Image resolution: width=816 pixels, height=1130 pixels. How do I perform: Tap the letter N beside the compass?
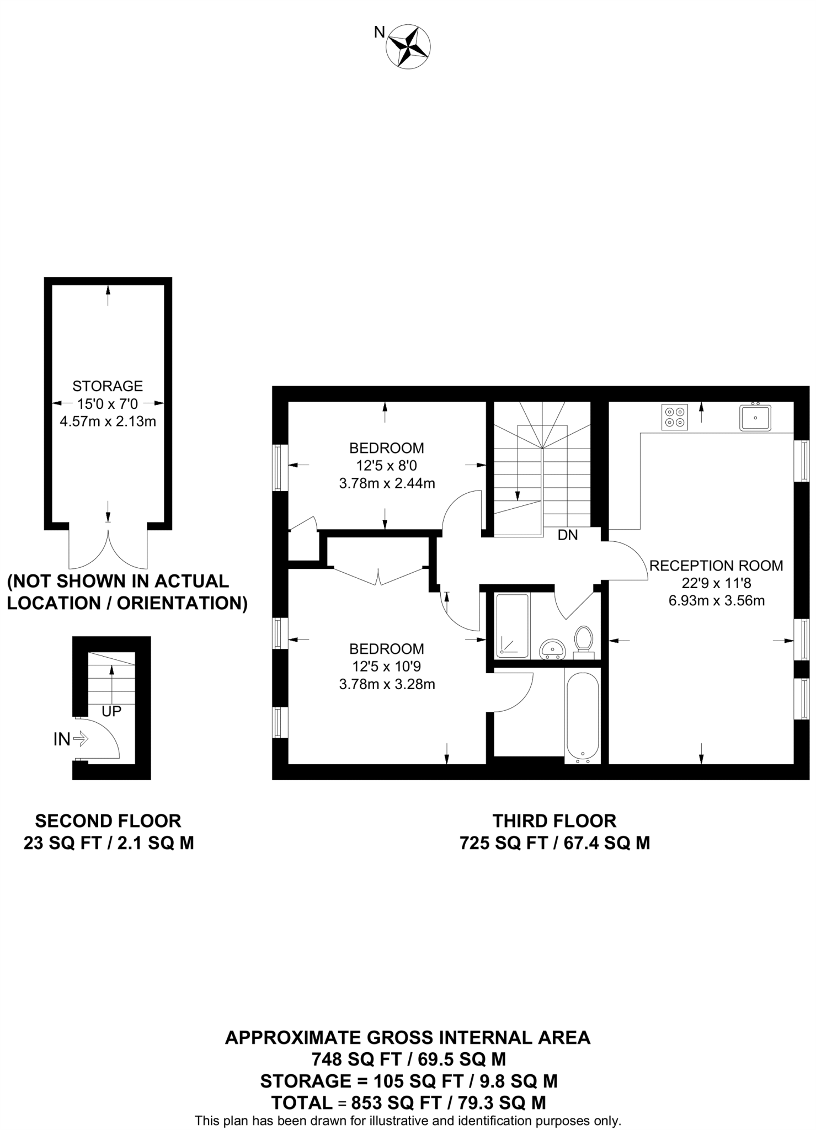point(380,33)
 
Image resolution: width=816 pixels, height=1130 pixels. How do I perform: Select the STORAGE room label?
point(108,386)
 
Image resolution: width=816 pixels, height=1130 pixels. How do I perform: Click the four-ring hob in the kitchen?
point(674,417)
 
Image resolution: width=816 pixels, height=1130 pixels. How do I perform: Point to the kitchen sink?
point(755,417)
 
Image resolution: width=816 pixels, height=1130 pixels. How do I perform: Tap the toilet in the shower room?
point(583,641)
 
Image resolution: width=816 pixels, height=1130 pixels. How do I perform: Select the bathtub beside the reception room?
point(583,717)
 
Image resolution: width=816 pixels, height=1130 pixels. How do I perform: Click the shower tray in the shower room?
point(513,626)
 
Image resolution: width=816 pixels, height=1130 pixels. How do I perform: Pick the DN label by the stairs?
point(568,535)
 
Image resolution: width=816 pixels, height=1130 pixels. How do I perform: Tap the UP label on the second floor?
point(111,711)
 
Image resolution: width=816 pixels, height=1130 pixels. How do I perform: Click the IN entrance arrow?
point(80,739)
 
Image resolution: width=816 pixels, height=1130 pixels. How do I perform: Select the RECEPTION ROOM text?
point(716,565)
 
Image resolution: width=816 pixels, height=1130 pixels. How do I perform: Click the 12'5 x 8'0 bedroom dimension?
point(387,466)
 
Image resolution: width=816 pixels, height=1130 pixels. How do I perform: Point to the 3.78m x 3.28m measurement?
point(387,684)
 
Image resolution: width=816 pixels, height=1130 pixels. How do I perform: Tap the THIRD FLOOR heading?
point(554,820)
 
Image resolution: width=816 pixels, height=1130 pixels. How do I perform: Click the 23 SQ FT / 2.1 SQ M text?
point(109,843)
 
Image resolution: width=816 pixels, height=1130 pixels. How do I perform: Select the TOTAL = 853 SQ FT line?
point(408,1102)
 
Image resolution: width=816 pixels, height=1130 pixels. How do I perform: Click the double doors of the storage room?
point(108,549)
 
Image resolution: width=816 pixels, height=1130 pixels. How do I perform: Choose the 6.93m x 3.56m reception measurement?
point(716,600)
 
